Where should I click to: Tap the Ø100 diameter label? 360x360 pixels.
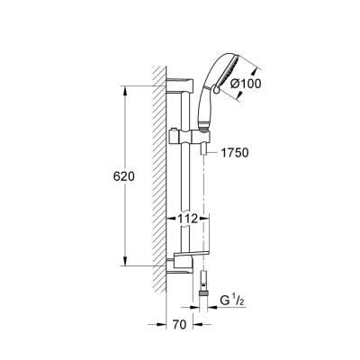[245, 83]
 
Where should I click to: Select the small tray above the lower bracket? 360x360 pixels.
[198, 255]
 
